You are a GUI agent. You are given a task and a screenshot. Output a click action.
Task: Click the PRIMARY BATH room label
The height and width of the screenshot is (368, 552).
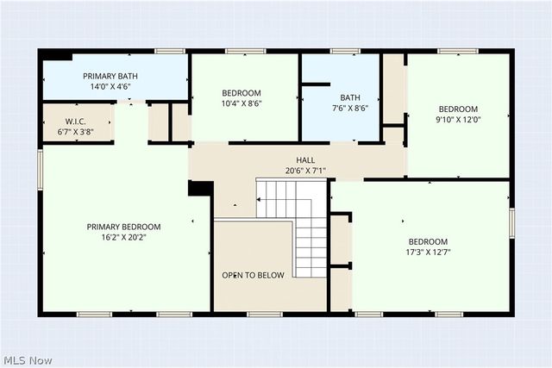pyautogui.click(x=110, y=76)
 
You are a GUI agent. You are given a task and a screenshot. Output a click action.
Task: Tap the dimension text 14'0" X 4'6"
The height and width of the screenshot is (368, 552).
pyautogui.click(x=110, y=86)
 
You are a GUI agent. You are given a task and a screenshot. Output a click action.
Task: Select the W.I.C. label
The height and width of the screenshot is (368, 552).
pyautogui.click(x=77, y=122)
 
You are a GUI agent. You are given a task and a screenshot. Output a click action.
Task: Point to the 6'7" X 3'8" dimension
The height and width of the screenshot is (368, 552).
pyautogui.click(x=77, y=132)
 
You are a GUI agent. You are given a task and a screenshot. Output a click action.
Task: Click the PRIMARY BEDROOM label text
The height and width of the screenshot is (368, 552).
pyautogui.click(x=123, y=227)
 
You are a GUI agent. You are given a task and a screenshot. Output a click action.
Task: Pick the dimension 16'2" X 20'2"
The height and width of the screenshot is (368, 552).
pyautogui.click(x=123, y=238)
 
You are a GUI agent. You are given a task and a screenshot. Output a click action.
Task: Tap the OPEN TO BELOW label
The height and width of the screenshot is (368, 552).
pyautogui.click(x=253, y=276)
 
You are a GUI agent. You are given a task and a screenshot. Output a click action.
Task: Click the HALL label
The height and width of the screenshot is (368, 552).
pyautogui.click(x=305, y=160)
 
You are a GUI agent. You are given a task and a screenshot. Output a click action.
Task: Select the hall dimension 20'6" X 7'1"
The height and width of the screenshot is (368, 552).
pyautogui.click(x=305, y=171)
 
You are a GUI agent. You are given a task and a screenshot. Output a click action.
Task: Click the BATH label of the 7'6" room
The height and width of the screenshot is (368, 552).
pyautogui.click(x=350, y=98)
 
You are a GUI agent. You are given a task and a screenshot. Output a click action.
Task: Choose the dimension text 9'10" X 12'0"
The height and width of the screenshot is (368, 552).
pyautogui.click(x=457, y=120)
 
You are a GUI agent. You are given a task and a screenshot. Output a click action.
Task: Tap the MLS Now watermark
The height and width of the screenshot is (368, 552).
pyautogui.click(x=27, y=359)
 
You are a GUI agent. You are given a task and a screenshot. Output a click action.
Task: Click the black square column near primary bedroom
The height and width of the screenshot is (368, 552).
pyautogui.click(x=200, y=190)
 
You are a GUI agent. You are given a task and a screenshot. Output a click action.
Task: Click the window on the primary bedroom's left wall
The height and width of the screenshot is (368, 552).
pyautogui.click(x=40, y=169)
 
